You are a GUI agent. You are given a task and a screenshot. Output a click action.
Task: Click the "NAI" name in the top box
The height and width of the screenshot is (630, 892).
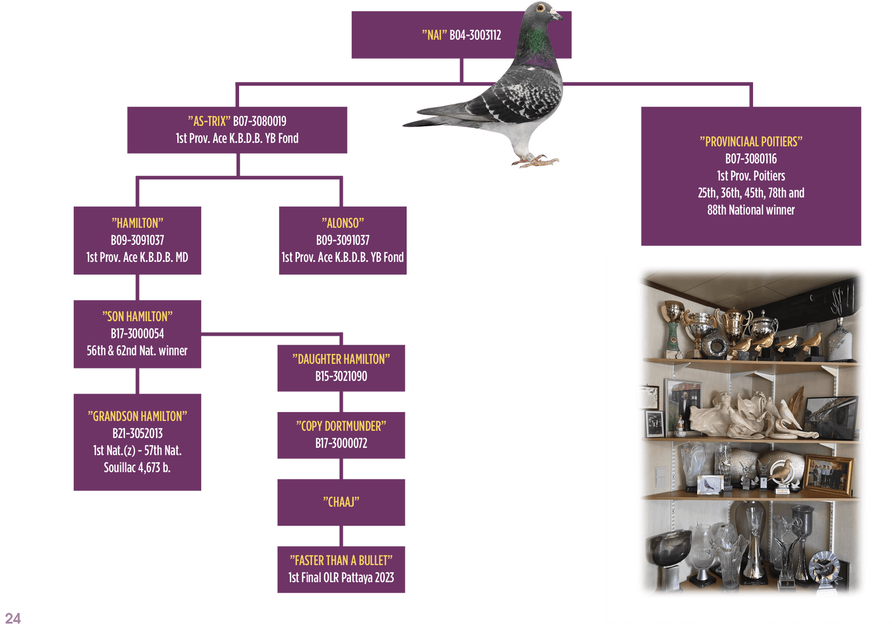click(434, 35)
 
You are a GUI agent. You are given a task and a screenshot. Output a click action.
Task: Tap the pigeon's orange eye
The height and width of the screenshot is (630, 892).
click(540, 8)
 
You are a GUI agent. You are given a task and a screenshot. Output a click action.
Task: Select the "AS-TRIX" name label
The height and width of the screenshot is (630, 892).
click(209, 121)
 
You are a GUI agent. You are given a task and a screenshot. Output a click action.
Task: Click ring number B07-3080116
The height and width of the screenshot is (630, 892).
click(750, 159)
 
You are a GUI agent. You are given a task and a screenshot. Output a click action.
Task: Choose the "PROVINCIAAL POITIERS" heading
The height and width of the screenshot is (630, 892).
click(750, 142)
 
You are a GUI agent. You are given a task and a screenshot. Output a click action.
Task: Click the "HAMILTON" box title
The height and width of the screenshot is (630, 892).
click(137, 223)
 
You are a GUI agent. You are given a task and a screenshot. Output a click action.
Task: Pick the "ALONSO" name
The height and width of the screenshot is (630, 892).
click(342, 223)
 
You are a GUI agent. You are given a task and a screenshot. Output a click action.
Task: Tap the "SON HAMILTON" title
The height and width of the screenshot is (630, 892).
click(137, 317)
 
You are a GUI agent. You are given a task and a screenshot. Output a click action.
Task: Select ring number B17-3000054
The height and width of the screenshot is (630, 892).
click(137, 334)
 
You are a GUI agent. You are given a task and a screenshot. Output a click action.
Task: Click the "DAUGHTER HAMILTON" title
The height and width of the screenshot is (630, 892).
click(341, 359)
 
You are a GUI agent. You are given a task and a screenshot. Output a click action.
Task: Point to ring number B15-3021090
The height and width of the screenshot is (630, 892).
click(341, 376)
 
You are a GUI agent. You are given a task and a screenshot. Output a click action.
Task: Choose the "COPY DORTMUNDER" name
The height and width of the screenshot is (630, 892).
click(341, 426)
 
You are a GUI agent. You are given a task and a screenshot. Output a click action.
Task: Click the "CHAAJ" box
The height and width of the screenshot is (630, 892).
click(341, 502)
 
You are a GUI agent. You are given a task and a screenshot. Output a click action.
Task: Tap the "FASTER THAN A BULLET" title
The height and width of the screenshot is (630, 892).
click(341, 560)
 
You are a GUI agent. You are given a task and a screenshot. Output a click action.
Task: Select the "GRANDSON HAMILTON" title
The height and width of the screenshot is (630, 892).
click(137, 416)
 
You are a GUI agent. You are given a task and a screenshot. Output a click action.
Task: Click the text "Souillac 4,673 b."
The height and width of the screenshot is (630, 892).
click(137, 468)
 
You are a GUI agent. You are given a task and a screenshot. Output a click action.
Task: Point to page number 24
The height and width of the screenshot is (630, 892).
click(12, 618)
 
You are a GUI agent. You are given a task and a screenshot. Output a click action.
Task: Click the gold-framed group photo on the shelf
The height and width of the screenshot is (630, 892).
click(828, 475)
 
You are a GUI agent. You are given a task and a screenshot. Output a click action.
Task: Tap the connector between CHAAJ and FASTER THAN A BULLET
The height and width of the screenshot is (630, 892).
click(341, 536)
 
